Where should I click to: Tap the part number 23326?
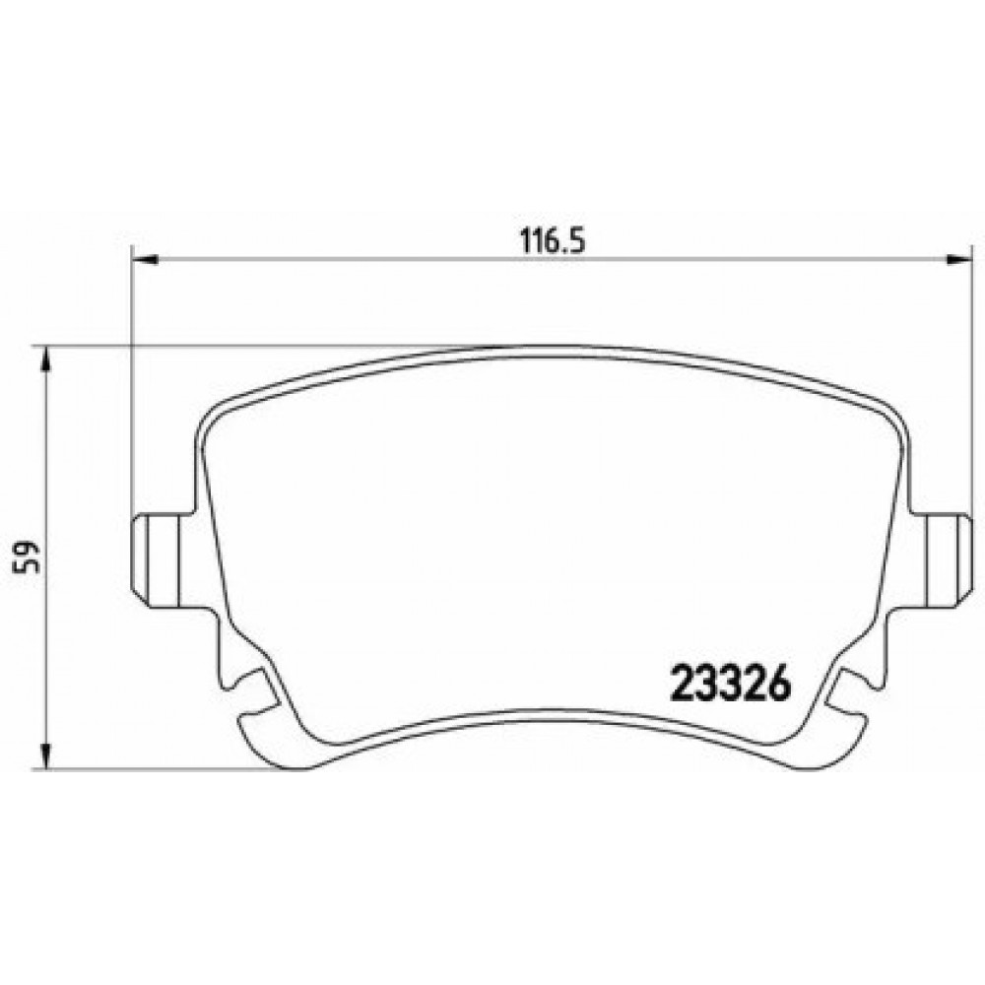pyautogui.click(x=731, y=682)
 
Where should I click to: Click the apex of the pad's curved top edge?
pyautogui.click(x=552, y=347)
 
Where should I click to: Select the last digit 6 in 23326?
pyautogui.click(x=780, y=682)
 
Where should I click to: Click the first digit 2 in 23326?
pyautogui.click(x=682, y=682)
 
